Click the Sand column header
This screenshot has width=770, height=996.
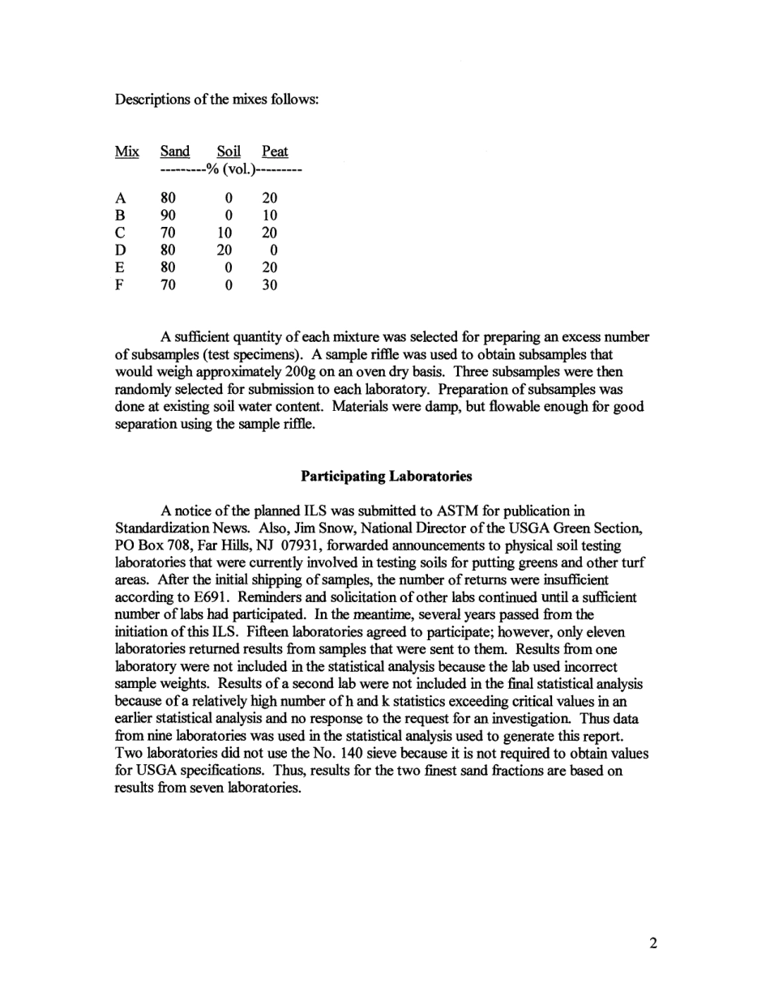point(175,152)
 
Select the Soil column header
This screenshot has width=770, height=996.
point(229,152)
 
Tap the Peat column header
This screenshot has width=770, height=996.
point(275,152)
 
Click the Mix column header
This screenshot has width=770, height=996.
point(126,152)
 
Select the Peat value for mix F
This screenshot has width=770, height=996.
point(271,284)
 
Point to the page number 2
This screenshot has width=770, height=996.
point(652,943)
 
